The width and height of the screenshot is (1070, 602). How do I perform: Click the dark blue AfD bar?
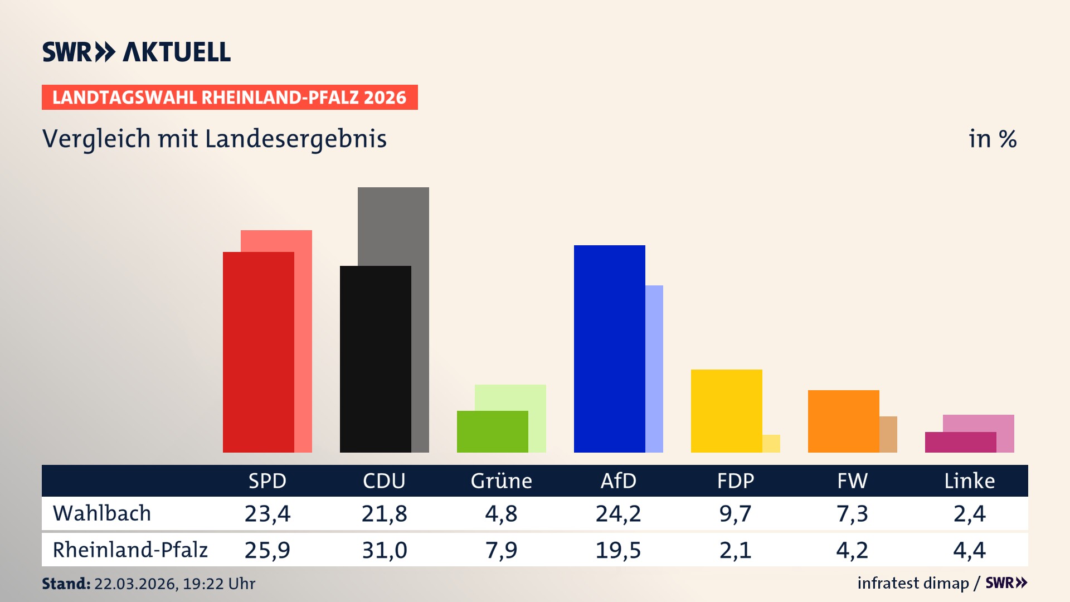[x=609, y=348]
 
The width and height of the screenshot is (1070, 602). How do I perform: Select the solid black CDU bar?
[x=375, y=359]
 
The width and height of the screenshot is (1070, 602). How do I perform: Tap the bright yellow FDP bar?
[x=726, y=411]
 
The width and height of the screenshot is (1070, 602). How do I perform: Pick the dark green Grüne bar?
[x=492, y=431]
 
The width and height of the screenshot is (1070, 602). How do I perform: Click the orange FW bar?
[x=843, y=421]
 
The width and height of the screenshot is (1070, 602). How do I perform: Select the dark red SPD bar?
[x=258, y=352]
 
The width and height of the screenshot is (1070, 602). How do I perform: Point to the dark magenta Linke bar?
[x=960, y=442]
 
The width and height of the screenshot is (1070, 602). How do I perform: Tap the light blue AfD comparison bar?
[x=654, y=368]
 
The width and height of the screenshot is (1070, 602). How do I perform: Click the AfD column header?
[x=618, y=480]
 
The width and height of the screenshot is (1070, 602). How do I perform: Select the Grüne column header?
[x=501, y=480]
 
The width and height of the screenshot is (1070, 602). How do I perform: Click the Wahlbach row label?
[x=102, y=513]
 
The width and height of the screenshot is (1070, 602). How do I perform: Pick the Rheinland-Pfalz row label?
[x=130, y=550]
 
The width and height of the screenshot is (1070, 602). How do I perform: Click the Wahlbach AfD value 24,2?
[x=618, y=513]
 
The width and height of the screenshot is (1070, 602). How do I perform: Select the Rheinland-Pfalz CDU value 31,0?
[x=384, y=550]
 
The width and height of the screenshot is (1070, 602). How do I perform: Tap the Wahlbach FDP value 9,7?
[x=735, y=513]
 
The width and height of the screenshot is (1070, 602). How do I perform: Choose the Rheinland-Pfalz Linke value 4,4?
[x=969, y=550]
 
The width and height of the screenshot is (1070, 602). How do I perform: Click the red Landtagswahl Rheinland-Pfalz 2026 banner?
[x=230, y=97]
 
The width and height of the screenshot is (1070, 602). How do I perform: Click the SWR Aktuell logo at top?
[x=137, y=52]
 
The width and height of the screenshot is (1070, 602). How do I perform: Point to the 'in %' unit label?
[x=993, y=139]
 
